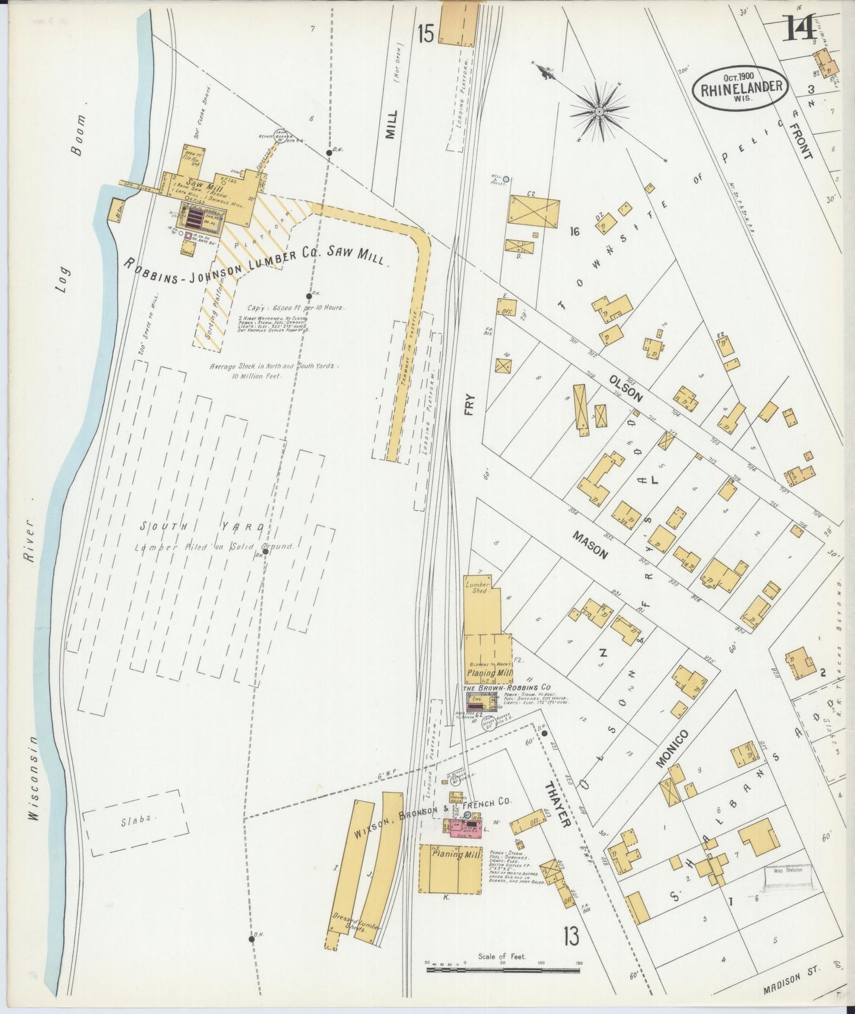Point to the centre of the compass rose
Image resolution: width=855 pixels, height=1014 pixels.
coord(599,111)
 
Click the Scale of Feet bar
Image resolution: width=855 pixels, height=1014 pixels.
coord(502,970)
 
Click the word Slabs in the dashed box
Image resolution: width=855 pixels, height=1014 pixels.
coord(137,819)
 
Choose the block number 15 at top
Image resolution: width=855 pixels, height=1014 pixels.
coord(424,34)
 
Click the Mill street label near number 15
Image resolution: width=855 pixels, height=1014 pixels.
coord(390,124)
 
